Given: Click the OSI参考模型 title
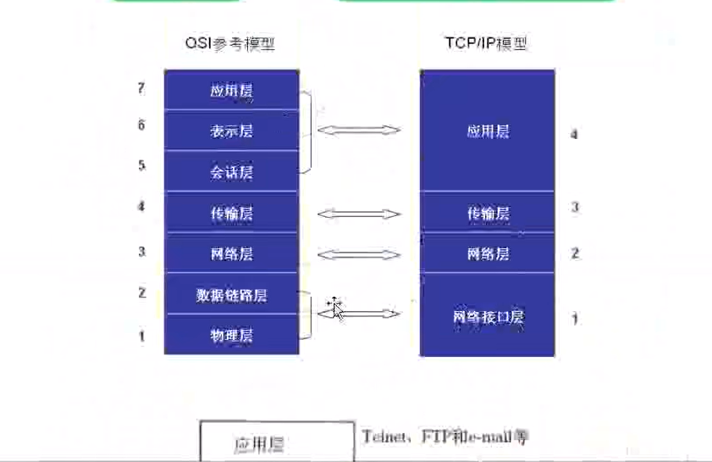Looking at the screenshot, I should pos(231,43).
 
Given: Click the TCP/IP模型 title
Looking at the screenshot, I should pos(488,43).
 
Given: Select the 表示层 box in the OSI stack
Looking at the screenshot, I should pos(231,131).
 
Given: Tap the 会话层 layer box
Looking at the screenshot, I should pos(231,172).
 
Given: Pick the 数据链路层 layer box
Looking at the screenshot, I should pos(231,295).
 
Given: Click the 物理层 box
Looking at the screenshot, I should pos(231,336).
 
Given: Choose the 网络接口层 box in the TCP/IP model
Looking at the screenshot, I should pos(488,316).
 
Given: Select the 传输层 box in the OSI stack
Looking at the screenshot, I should pos(231,214).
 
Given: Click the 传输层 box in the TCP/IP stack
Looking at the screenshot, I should pos(488,213).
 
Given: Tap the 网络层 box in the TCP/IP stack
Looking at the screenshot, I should pos(488,253).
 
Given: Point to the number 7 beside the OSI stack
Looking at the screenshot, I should pos(141,88).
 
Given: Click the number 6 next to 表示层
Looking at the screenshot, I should pos(141,125).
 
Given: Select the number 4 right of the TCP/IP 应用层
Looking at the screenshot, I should pos(575,134).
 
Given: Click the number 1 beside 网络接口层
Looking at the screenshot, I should pos(575,319).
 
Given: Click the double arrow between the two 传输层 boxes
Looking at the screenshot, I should pos(358,214).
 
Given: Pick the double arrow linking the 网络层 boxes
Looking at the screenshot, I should pos(358,253).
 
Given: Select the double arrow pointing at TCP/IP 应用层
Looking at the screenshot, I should pos(358,131).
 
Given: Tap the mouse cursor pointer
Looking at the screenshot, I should pos(336,309).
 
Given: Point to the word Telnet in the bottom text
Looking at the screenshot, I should pos(382,437).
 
